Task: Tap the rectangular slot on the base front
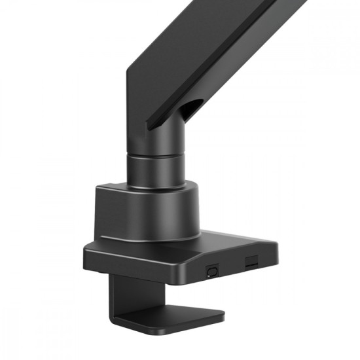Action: (x=251, y=262)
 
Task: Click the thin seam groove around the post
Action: (x=154, y=154)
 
